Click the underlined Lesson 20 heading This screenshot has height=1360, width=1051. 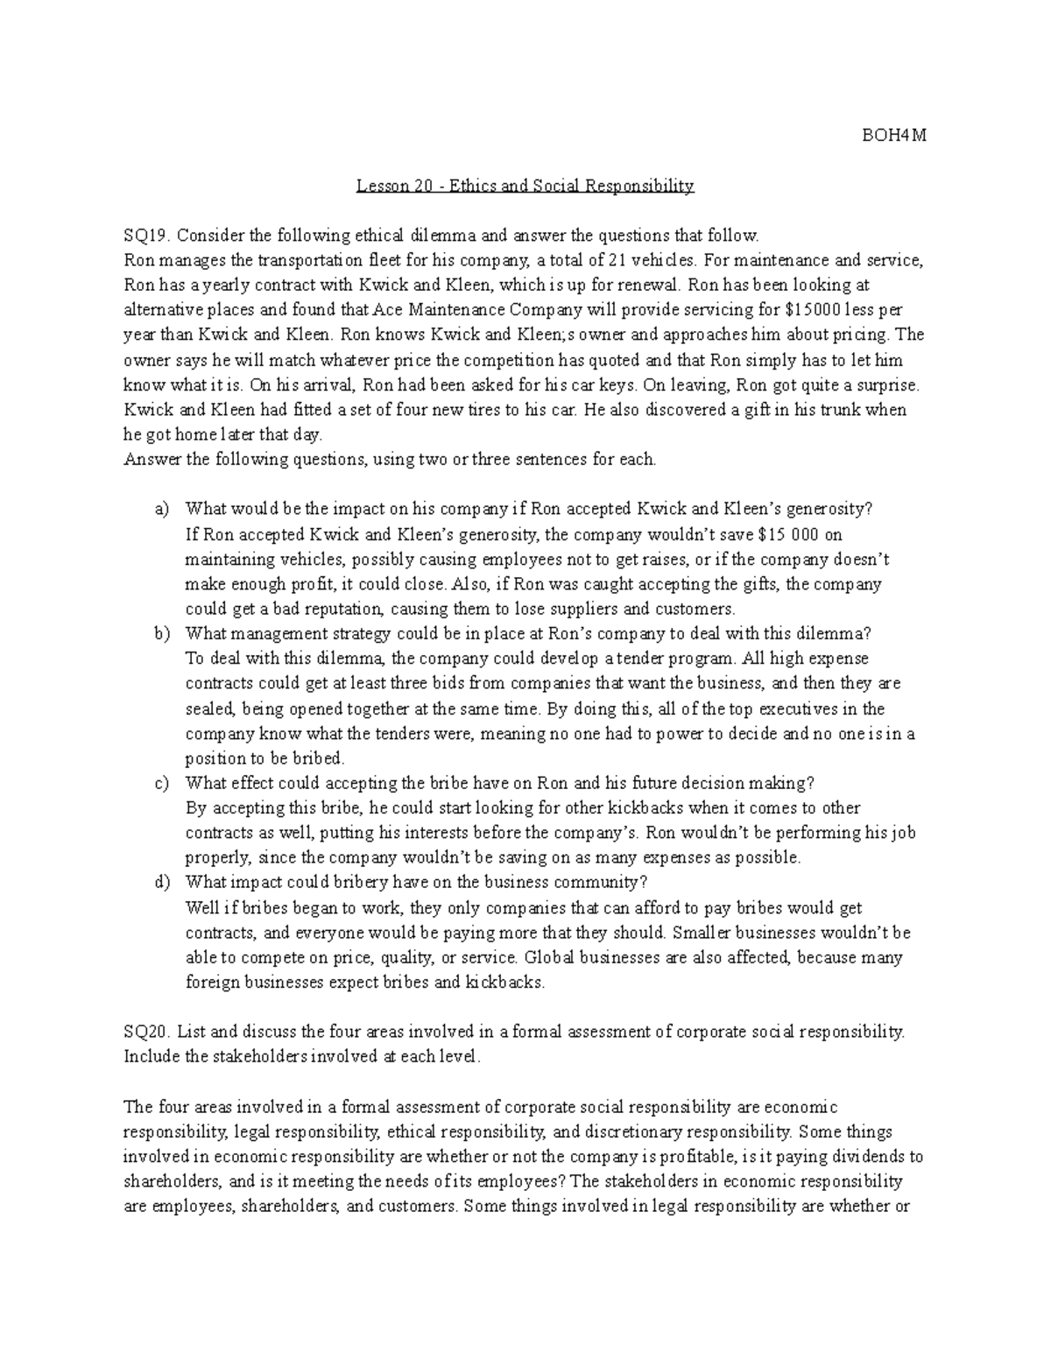[525, 186]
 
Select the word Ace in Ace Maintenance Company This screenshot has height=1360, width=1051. [386, 310]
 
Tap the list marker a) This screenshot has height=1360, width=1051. [160, 510]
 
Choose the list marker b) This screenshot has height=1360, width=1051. [160, 634]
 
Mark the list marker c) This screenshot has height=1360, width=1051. [160, 783]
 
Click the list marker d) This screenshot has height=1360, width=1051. [160, 883]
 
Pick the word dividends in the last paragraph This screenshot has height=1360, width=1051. [865, 1157]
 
